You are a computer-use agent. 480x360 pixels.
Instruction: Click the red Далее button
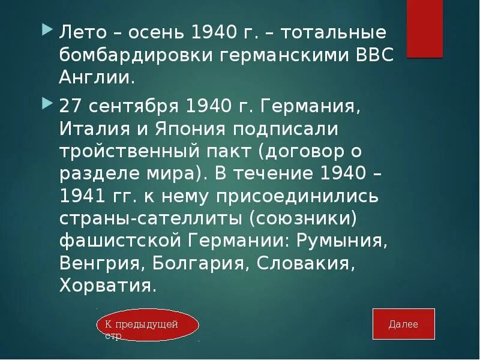pos(403,325)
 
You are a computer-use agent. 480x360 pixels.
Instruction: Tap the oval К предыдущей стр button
pos(147,325)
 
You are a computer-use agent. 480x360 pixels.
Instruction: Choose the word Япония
pos(182,130)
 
